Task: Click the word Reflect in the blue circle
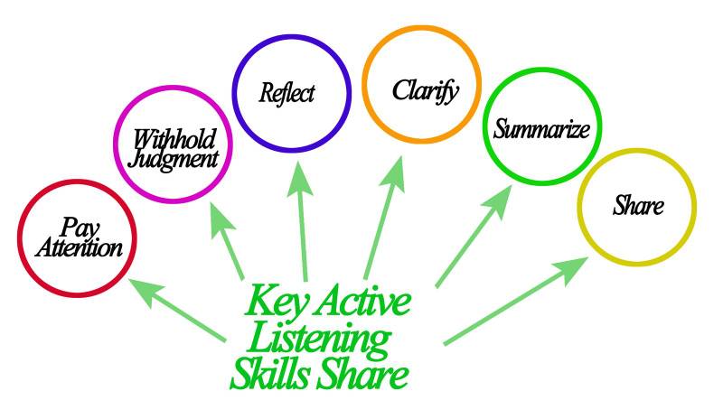286,93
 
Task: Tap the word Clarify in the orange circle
425,90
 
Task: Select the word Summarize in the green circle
542,128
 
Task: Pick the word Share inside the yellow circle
638,206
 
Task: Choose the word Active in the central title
362,302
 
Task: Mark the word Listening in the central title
318,339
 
